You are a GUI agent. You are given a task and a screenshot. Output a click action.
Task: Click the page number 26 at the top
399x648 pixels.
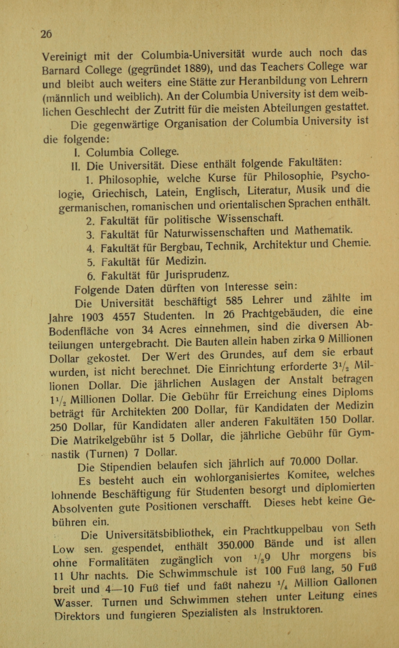tap(46, 34)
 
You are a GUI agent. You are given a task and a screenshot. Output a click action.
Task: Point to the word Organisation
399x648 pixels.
tap(195, 123)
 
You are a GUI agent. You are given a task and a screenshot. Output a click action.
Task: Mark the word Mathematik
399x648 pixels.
tap(323, 230)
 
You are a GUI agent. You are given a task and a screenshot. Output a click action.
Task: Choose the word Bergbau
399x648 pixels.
tap(181, 247)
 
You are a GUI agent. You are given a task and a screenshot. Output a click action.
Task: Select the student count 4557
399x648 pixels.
tap(124, 316)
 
